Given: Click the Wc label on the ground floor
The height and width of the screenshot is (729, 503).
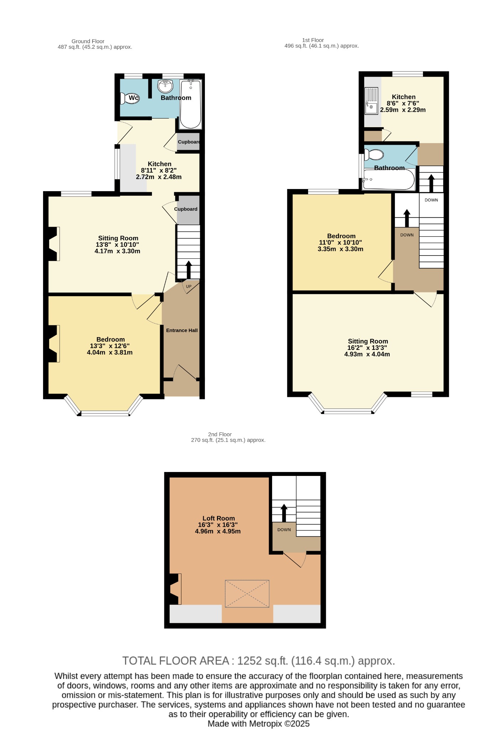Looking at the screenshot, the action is [x=133, y=98].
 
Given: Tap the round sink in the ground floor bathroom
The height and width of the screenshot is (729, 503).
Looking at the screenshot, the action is [x=165, y=86].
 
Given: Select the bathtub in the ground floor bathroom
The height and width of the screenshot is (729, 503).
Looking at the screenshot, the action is [x=191, y=104].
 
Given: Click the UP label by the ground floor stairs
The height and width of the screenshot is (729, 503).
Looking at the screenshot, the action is [x=189, y=287].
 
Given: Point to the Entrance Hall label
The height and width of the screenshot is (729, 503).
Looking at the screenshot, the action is [x=182, y=330].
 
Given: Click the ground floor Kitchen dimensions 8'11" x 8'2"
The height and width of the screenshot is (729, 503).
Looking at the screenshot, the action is [x=159, y=171].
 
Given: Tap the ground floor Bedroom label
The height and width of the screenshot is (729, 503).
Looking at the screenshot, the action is [x=111, y=340].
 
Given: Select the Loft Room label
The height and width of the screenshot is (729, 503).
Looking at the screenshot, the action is [x=218, y=518].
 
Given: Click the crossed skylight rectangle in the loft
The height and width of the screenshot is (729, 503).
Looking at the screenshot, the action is [x=247, y=594].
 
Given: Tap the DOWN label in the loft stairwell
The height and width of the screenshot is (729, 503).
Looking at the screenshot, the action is [x=284, y=530].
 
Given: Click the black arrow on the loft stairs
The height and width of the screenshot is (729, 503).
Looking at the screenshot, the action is [x=284, y=513].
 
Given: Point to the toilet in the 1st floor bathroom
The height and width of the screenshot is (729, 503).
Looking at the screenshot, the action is [x=374, y=155].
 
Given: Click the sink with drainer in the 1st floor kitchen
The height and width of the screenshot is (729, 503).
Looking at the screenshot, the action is [x=371, y=101].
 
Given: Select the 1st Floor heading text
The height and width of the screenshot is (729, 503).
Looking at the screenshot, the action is [x=313, y=40].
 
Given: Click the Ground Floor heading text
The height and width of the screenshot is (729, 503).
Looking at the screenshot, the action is [x=88, y=41].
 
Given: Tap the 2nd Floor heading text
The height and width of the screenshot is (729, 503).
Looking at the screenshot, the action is [x=220, y=434].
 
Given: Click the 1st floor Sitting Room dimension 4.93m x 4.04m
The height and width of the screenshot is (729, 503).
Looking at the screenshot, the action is [x=367, y=354].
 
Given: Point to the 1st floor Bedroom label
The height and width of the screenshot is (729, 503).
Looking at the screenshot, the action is [x=341, y=236].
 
